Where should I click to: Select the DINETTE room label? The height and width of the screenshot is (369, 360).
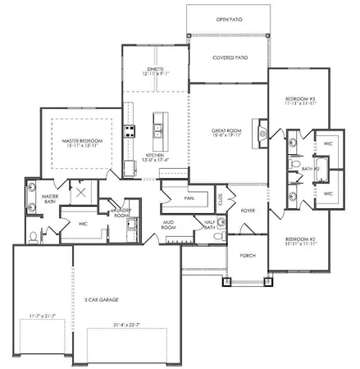(x=156, y=70)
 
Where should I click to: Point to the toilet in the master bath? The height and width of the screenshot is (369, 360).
(x=32, y=235)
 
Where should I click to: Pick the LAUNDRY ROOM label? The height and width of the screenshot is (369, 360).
(x=122, y=212)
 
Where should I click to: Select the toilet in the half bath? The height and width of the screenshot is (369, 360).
(x=216, y=236)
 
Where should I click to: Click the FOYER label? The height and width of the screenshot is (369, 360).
(x=248, y=211)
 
